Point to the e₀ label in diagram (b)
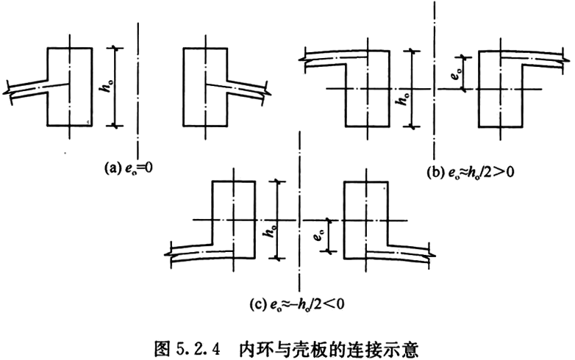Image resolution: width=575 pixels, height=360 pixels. pyautogui.click(x=455, y=72)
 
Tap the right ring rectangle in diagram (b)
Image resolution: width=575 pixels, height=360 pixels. pyautogui.click(x=501, y=92)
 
